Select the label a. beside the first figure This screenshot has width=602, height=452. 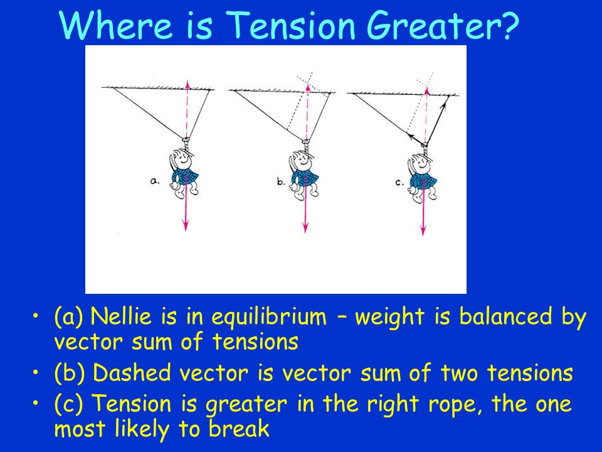tap(154, 181)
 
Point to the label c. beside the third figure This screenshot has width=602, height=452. tap(399, 183)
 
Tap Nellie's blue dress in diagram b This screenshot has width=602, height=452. tap(305, 178)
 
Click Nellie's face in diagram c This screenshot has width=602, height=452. tap(421, 163)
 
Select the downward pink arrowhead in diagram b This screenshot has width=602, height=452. tap(305, 227)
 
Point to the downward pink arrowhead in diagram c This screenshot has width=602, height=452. tap(423, 229)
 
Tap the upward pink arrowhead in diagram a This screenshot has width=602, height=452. tap(187, 85)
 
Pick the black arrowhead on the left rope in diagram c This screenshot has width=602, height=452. tap(411, 136)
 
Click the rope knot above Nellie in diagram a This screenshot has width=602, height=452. tap(186, 144)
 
